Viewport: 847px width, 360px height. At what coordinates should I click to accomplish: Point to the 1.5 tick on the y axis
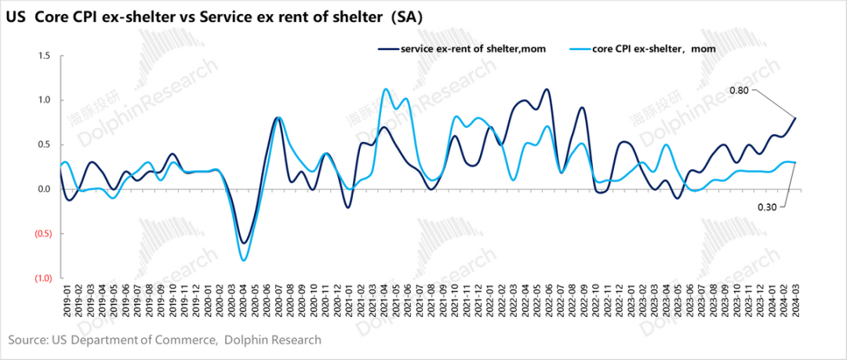(44, 56)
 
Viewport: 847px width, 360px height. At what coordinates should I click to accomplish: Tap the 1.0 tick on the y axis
(44, 100)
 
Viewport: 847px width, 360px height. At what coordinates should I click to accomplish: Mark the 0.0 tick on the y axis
(44, 189)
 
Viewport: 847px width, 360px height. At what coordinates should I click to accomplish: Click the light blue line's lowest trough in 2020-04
(244, 260)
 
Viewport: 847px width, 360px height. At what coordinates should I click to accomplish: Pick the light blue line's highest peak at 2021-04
(385, 89)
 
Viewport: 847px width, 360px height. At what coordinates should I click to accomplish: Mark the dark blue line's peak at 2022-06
(547, 89)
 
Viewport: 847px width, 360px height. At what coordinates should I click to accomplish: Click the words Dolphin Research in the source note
(274, 340)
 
